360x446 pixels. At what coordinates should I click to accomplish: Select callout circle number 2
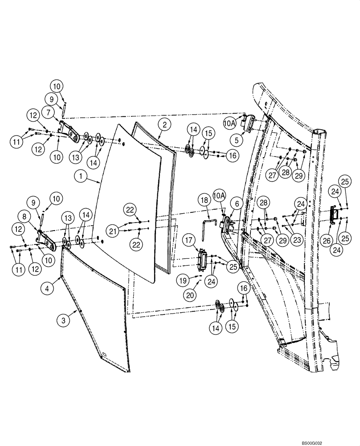pos(164,125)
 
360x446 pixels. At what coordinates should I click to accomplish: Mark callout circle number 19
pos(181,281)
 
